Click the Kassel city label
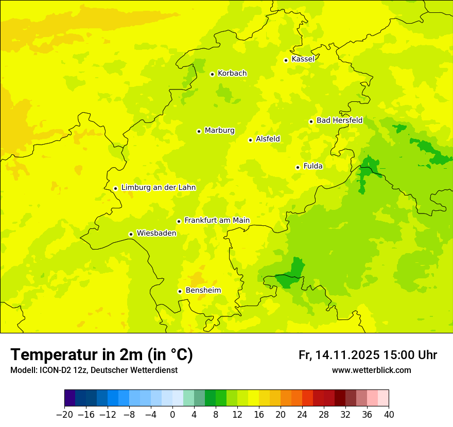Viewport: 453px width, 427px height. [x=303, y=59]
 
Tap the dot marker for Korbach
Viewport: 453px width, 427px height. [x=212, y=74]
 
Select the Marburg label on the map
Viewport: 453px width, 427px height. [x=219, y=131]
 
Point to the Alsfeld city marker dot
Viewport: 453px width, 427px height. [x=250, y=140]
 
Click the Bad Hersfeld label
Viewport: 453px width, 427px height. [x=339, y=120]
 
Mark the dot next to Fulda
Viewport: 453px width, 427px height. [x=298, y=167]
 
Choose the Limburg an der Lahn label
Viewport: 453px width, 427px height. [x=158, y=188]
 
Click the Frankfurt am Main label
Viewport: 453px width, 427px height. [x=217, y=220]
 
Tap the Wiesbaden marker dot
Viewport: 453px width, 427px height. [x=131, y=234]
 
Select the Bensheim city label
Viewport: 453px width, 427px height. [x=203, y=290]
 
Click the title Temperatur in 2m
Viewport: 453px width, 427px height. [x=101, y=355]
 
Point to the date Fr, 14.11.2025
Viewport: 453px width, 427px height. [x=339, y=355]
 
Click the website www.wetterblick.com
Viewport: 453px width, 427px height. [x=372, y=370]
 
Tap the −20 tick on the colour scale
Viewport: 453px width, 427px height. [x=64, y=414]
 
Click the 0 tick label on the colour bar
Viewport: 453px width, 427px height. [x=172, y=414]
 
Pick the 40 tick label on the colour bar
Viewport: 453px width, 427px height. [x=389, y=414]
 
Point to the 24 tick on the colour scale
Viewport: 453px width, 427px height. [x=302, y=414]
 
